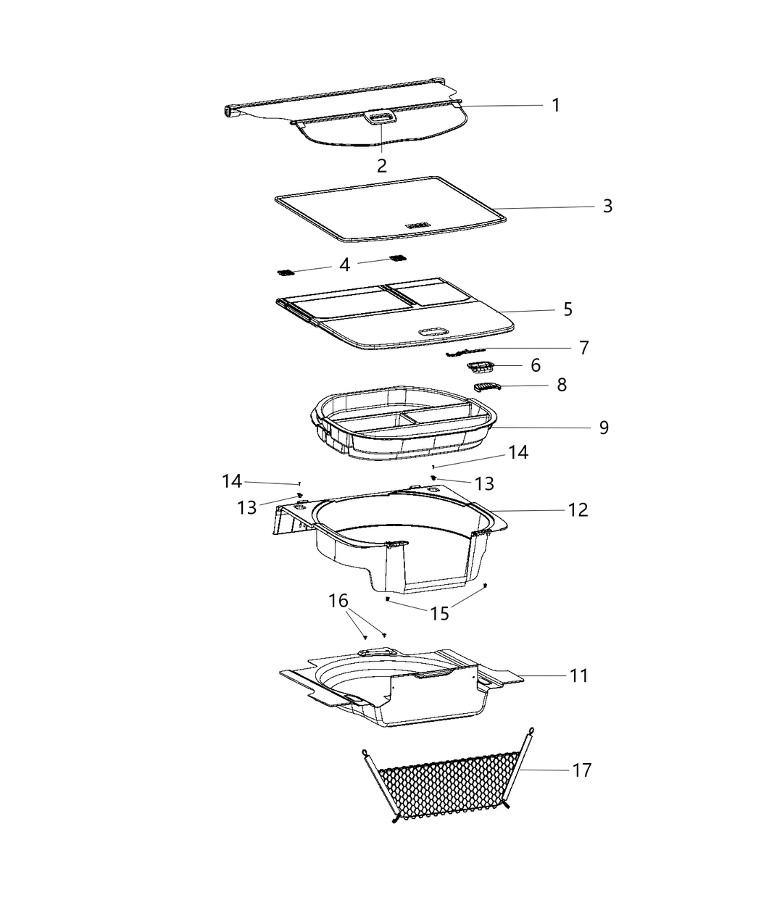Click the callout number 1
coord(555,105)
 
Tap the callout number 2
coord(382,165)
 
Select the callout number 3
coord(607,206)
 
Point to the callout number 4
coord(345,265)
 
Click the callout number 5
coord(567,309)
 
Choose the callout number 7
coord(584,347)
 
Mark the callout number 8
coord(562,385)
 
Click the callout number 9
coord(604,428)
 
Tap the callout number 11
coord(578,675)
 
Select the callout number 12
coord(578,510)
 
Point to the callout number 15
coord(439,613)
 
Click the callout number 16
coord(338,601)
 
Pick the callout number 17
coord(581,770)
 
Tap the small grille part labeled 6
coord(480,366)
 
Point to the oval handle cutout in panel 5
coord(434,331)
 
